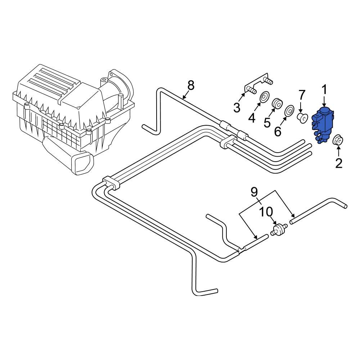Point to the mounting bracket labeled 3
tap(257, 85)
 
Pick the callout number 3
tap(237, 107)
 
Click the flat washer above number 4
tap(265, 97)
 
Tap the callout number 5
tap(267, 122)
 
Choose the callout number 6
tap(278, 131)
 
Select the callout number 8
tap(191, 85)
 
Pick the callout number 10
tap(266, 212)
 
